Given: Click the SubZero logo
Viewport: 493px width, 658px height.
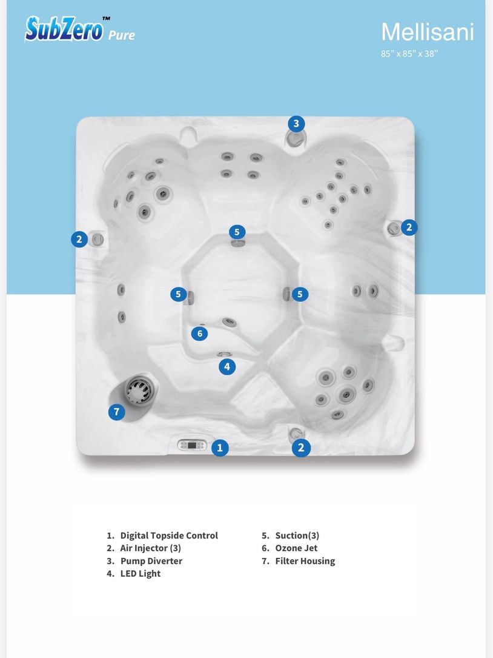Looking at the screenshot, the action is coord(64,29).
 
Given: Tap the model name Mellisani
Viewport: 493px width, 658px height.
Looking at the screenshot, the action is coord(427,32).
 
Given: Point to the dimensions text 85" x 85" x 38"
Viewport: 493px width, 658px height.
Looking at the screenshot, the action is coord(409,54).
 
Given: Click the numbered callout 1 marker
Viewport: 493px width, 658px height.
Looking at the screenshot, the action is coord(220,448).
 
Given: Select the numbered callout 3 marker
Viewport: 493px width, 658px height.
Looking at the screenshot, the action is coord(296,123).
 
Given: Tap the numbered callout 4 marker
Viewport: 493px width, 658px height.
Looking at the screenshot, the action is coord(227,367).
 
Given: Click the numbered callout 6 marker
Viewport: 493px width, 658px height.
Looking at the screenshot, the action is coord(199,334).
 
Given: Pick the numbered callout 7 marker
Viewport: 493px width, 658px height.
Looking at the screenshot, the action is coord(116,412).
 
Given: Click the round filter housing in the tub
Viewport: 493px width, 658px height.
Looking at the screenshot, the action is coord(141,389).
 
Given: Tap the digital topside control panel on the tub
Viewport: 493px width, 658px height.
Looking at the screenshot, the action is coord(192,445).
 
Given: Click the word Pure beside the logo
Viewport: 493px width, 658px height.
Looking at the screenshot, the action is coord(122,35).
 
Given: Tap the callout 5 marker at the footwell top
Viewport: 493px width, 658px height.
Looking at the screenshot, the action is coord(237,232).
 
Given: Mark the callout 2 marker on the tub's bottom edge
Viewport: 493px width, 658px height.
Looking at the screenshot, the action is coord(301,448).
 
